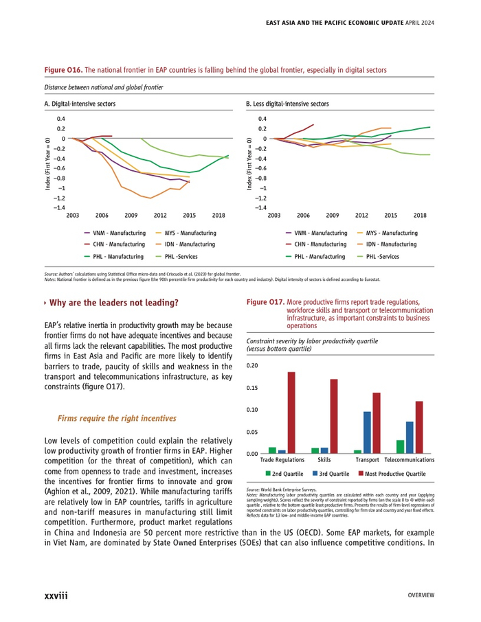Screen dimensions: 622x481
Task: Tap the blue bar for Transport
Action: tap(367, 433)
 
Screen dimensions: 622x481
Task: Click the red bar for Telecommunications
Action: tap(419, 427)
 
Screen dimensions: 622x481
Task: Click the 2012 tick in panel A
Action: tap(160, 215)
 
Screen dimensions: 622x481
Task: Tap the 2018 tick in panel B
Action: tap(420, 215)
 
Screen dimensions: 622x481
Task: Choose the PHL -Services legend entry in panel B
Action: tap(381, 256)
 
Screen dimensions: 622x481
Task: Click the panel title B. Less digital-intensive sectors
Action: tap(287, 104)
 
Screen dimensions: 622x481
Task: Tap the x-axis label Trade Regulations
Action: tap(282, 459)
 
